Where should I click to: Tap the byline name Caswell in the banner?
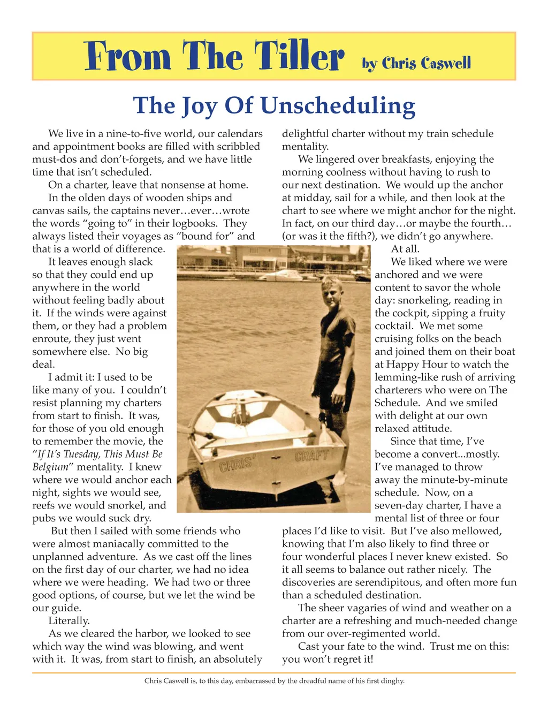(445, 64)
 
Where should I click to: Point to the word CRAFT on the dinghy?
(311, 456)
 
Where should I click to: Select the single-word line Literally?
(69, 621)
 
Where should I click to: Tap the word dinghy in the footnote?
(392, 681)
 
